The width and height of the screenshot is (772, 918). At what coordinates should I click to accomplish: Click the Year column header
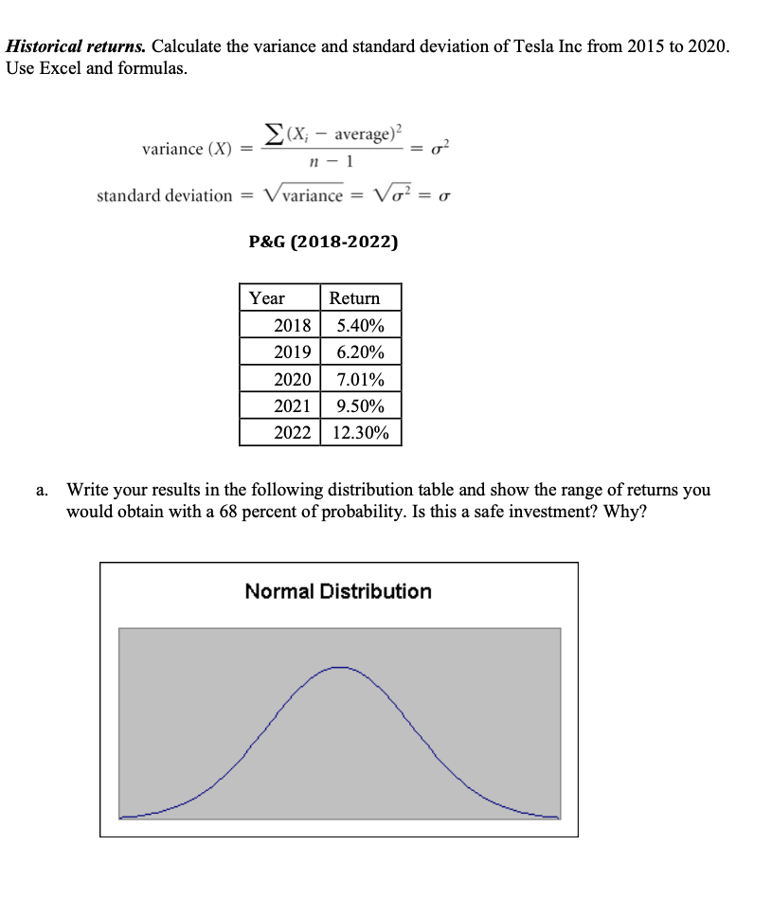click(x=267, y=298)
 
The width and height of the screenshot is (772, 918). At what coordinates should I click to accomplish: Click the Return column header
click(x=354, y=298)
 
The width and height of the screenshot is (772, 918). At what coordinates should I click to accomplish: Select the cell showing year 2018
click(x=292, y=326)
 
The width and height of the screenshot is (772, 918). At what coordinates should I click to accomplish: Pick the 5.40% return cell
click(x=361, y=326)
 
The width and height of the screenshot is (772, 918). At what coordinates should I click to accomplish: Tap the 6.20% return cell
click(x=361, y=352)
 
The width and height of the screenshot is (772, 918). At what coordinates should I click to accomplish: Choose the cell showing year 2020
click(x=292, y=380)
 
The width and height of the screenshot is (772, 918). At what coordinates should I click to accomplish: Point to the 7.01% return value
click(x=361, y=380)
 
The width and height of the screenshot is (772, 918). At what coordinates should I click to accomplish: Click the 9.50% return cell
click(x=361, y=406)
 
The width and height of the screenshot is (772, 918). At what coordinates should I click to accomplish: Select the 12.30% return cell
click(x=361, y=433)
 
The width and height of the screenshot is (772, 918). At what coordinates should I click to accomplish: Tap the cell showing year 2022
click(x=292, y=433)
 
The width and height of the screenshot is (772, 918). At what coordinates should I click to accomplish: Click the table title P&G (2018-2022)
click(x=323, y=242)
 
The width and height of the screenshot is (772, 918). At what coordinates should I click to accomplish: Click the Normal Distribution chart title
click(x=338, y=591)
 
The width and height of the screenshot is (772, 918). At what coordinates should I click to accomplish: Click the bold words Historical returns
click(x=76, y=45)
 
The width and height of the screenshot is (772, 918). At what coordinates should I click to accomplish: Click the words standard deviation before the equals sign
click(x=164, y=195)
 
